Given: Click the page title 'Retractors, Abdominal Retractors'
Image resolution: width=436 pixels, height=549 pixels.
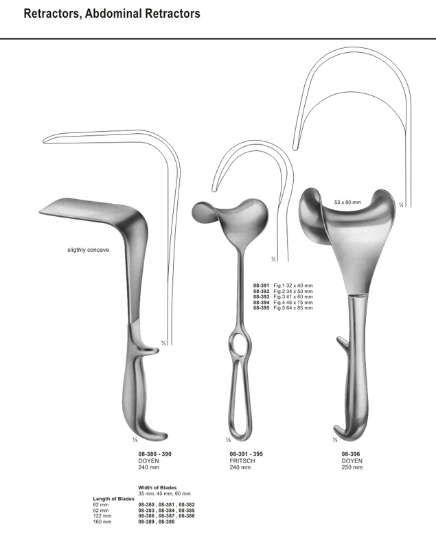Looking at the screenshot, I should (x=112, y=14).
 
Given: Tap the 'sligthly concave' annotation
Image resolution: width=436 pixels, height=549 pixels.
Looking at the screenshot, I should (x=88, y=250).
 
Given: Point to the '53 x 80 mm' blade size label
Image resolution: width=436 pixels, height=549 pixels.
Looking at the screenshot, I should (x=347, y=202).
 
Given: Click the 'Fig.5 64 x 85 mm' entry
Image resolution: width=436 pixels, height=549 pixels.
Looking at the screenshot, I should (x=293, y=308).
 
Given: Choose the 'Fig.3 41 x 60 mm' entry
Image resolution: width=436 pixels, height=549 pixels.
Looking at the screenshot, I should (x=293, y=296).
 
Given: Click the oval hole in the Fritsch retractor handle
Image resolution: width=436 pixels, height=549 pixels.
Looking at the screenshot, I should (x=238, y=344).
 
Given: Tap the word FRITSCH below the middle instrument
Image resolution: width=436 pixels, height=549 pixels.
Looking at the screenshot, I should (x=242, y=460).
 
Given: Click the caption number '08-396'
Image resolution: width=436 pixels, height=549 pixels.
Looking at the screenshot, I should (x=351, y=454).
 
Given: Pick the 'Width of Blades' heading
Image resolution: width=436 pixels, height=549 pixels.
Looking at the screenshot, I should (x=157, y=487).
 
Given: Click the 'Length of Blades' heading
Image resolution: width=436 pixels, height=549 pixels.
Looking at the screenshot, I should (x=114, y=499).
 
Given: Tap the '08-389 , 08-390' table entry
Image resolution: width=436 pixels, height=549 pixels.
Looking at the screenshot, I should (x=157, y=522).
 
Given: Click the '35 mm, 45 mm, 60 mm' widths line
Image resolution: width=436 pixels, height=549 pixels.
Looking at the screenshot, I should (x=165, y=493).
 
